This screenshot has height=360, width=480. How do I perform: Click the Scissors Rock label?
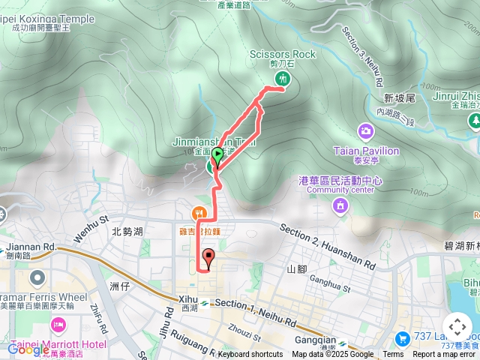click(283, 54)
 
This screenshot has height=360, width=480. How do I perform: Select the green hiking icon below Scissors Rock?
click(283, 78)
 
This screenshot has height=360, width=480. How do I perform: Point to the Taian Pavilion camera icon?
click(365, 132)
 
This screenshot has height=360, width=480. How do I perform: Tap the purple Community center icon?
click(340, 205)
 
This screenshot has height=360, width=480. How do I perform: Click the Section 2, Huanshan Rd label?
click(328, 247)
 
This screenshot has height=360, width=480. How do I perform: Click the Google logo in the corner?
click(28, 349)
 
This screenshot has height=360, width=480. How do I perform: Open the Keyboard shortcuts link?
click(250, 355)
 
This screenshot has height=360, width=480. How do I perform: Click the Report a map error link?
click(445, 355)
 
